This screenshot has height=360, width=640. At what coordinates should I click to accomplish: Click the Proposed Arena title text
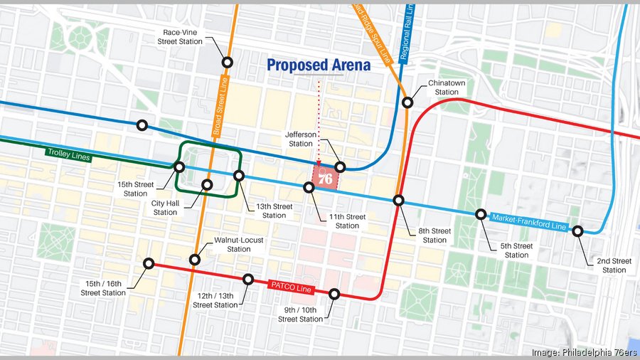click(319, 65)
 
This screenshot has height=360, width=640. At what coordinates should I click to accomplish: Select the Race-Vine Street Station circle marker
click(228, 63)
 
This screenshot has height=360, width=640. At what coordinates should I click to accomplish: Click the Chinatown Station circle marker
click(407, 102)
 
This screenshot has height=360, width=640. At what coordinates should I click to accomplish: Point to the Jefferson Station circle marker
click(341, 166)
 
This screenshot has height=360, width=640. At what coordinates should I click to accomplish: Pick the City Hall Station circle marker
click(208, 185)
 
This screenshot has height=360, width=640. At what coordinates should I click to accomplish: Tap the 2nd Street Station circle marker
click(578, 231)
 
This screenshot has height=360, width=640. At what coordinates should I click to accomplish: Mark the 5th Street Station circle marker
click(481, 215)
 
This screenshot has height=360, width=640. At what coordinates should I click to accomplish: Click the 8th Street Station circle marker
click(399, 201)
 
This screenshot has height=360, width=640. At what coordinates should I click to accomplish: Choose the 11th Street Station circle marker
click(309, 188)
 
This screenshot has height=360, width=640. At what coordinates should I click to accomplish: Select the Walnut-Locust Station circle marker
click(195, 260)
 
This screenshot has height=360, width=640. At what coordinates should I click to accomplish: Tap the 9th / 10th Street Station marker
click(335, 293)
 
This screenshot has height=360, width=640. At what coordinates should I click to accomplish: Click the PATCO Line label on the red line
click(290, 286)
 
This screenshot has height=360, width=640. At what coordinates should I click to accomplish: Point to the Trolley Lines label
click(69, 154)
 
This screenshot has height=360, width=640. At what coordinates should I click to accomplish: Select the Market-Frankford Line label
click(528, 222)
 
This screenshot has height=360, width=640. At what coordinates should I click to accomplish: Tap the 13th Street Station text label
click(274, 211)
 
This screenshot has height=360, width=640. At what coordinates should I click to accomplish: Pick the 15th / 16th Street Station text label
click(103, 288)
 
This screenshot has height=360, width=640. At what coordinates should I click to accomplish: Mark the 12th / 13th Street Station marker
click(248, 280)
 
